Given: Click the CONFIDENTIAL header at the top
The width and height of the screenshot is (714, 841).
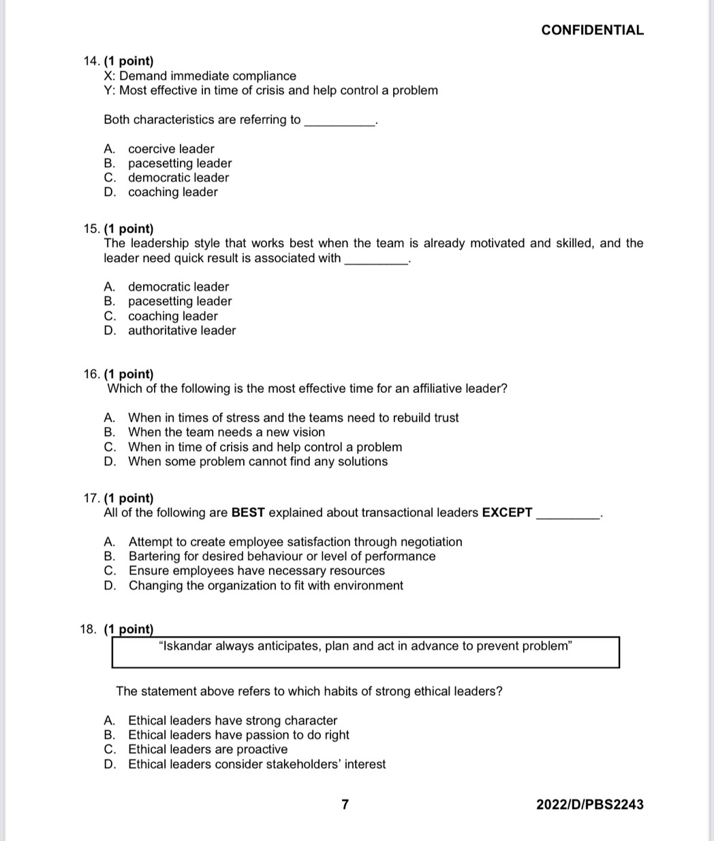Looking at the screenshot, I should [592, 30].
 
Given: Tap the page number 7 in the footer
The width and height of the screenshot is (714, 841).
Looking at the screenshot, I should [345, 804].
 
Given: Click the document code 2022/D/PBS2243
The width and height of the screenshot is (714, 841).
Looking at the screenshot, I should [589, 804].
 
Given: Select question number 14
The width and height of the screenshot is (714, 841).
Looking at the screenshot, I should [91, 61].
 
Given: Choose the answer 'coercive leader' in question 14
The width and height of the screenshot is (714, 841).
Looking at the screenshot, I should [171, 148].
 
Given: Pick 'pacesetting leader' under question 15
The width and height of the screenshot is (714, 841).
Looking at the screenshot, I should [180, 301].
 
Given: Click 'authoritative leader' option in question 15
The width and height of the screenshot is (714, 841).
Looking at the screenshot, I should [182, 330].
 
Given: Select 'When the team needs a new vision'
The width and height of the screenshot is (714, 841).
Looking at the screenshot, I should [226, 432].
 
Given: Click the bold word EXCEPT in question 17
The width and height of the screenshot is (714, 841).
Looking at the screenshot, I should [507, 512].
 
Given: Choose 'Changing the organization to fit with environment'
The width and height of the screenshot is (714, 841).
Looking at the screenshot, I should [266, 586].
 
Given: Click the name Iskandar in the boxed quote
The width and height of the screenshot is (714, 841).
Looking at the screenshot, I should [187, 646].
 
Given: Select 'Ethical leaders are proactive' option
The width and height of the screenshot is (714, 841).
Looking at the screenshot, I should [208, 749].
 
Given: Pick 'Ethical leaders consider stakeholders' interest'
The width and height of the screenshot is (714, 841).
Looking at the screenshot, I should [257, 764].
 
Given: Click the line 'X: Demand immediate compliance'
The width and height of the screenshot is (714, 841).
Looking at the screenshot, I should [200, 76].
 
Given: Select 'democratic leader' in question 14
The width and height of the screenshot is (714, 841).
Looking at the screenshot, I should [178, 178].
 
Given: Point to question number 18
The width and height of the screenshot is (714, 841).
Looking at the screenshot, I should [89, 629].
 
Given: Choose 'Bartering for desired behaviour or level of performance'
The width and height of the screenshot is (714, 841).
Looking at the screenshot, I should [282, 556].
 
